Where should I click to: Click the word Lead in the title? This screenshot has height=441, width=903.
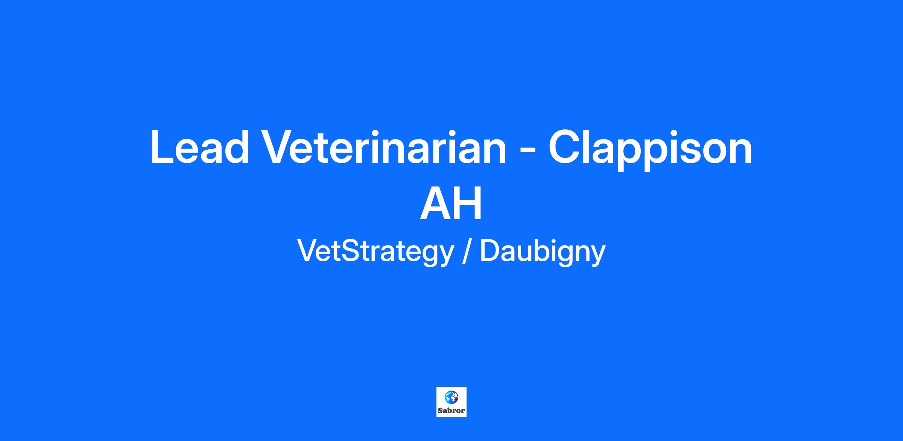[200, 147]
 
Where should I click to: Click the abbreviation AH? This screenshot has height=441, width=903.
[451, 203]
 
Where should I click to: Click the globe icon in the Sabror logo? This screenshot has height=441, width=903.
[451, 397]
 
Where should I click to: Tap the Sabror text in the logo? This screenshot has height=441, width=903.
[451, 411]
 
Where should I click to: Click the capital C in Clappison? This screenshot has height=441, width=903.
[564, 147]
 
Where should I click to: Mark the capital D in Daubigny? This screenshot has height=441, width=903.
[491, 251]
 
